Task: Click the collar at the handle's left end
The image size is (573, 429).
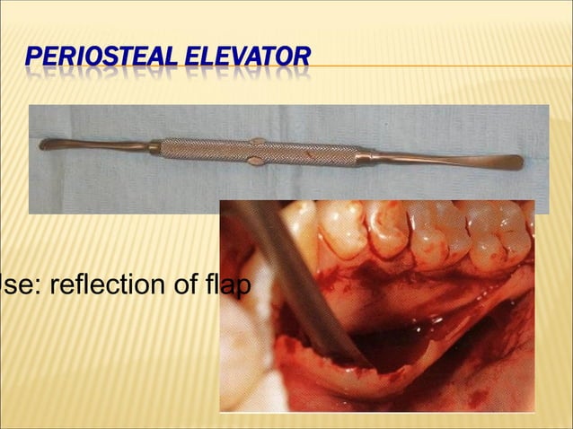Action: coord(154,146)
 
